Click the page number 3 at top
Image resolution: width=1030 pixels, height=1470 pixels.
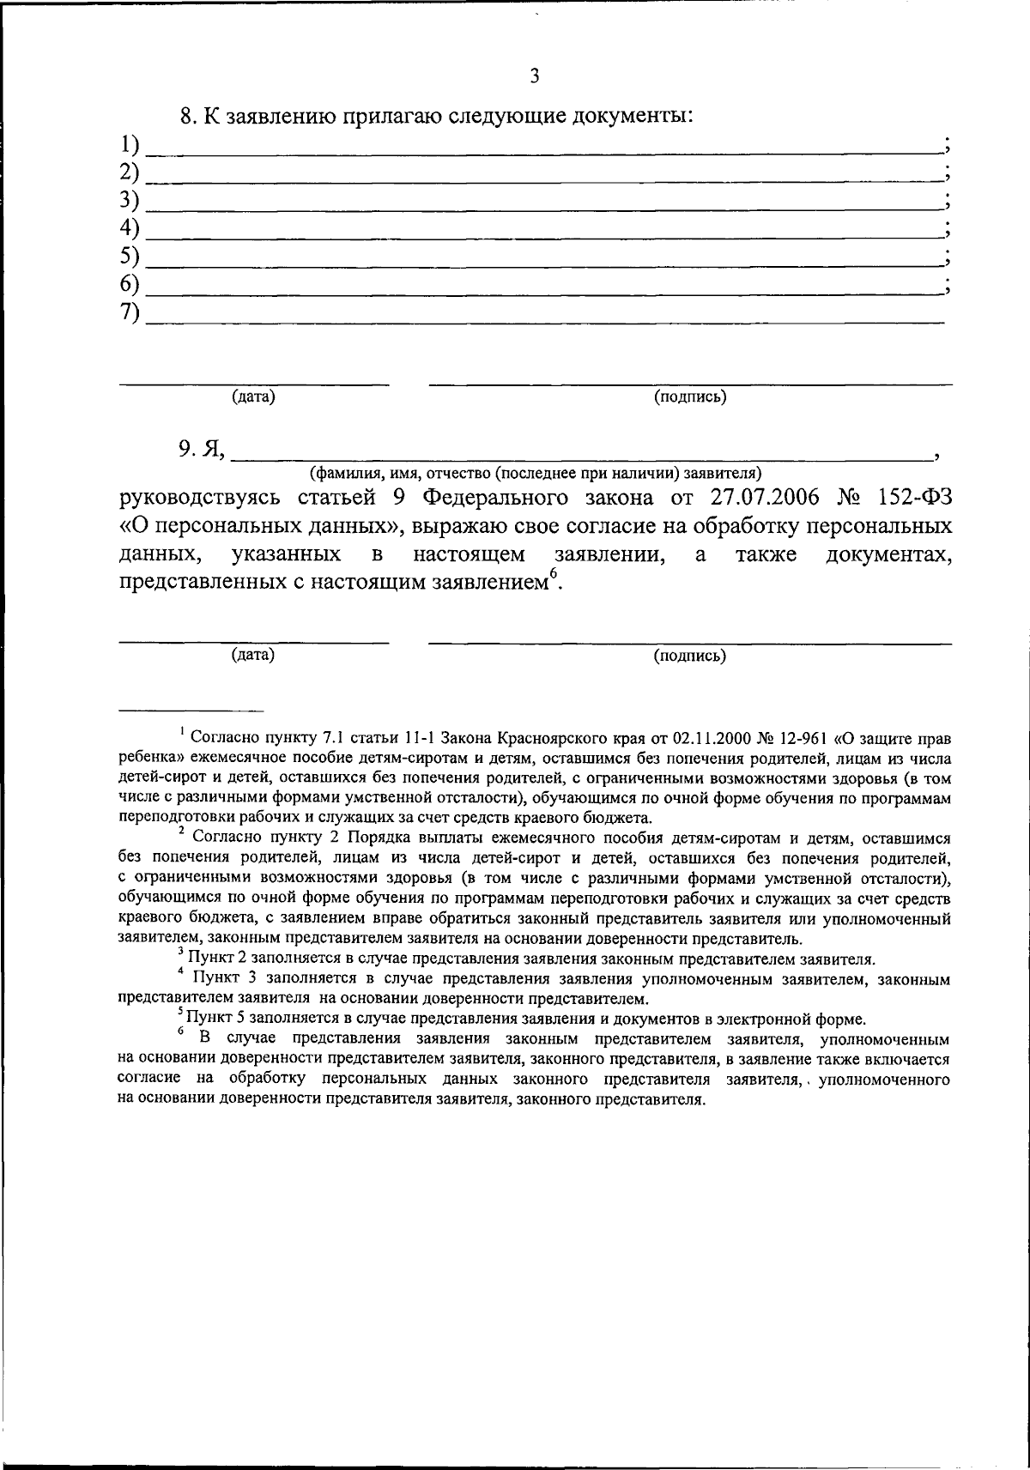534,76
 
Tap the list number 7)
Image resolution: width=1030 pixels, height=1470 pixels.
130,313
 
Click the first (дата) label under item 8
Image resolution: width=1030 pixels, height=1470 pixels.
253,396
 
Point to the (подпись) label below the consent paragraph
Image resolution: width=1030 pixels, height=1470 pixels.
690,656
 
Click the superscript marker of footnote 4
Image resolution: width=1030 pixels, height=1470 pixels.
181,972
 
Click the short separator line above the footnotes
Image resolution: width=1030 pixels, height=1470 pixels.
191,711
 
